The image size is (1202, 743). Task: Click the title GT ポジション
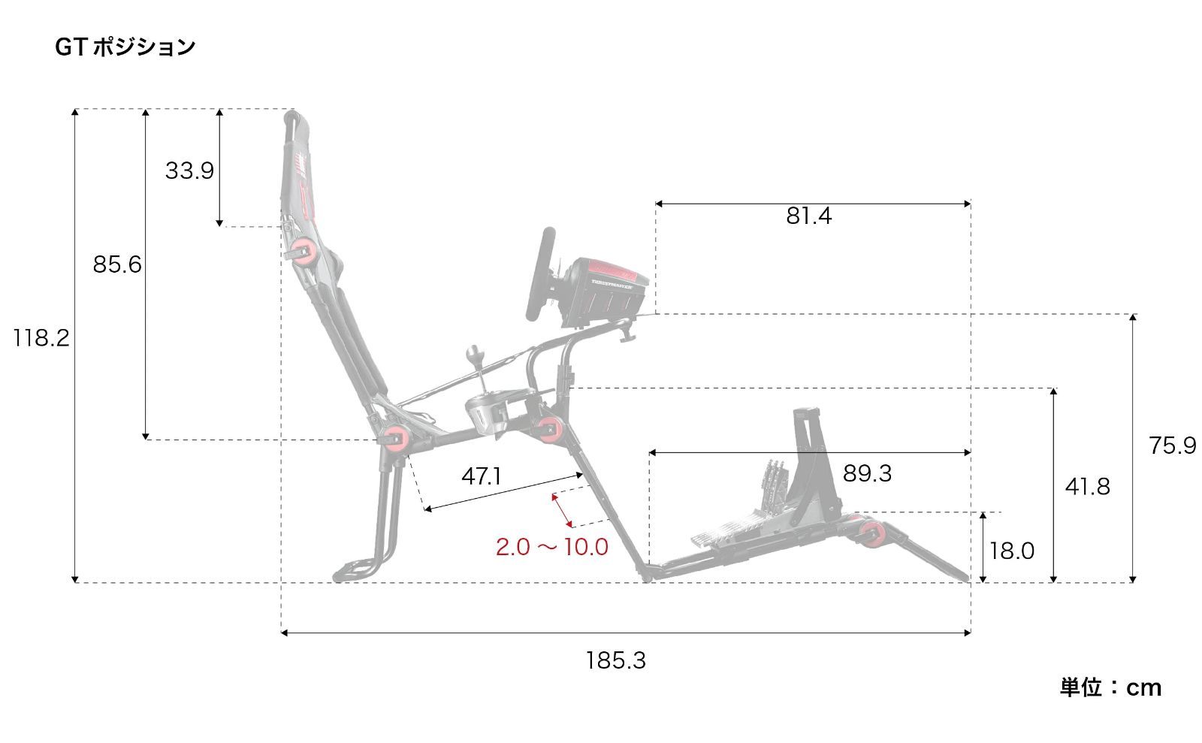click(125, 47)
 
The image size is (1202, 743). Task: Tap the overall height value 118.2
click(41, 339)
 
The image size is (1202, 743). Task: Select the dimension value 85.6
click(117, 264)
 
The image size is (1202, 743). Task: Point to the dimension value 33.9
click(189, 171)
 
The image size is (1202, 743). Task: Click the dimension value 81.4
click(808, 216)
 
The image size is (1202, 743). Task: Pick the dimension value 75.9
click(1173, 445)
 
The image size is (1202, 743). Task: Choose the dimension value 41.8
click(1087, 487)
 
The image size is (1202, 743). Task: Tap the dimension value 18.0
click(1011, 551)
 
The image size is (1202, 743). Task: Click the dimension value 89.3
click(867, 473)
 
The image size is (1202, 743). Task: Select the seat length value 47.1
click(482, 476)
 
